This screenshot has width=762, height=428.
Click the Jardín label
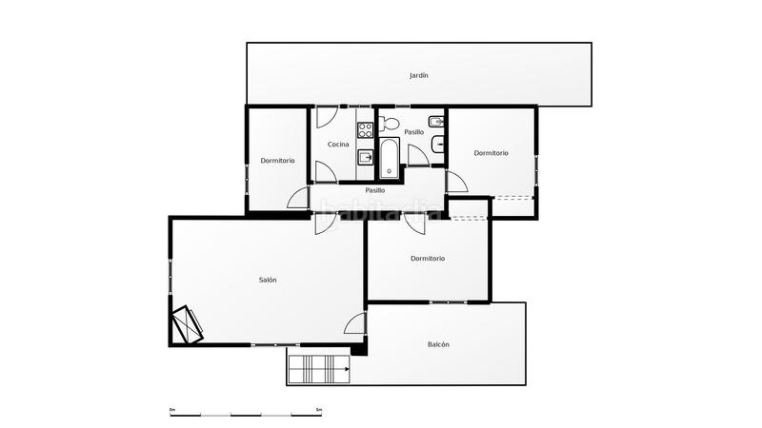(x=419, y=75)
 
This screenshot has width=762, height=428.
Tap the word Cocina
(x=338, y=145)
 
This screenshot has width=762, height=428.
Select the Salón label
(x=268, y=280)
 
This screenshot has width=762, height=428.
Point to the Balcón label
(x=438, y=344)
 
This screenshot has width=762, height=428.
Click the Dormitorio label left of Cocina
(x=277, y=161)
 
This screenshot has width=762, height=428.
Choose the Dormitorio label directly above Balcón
(x=428, y=259)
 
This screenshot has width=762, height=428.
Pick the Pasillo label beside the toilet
(x=413, y=132)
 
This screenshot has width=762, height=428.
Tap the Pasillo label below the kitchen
(x=375, y=190)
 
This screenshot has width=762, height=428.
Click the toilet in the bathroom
(x=388, y=123)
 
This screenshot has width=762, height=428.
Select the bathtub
(x=389, y=159)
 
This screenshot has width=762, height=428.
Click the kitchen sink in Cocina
(x=365, y=157)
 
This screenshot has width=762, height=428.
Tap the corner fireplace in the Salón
(x=188, y=323)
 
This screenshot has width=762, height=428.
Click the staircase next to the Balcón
(x=319, y=367)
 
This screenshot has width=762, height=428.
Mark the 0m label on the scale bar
(x=172, y=409)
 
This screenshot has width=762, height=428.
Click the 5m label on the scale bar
(x=318, y=409)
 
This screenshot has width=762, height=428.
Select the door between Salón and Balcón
(x=355, y=323)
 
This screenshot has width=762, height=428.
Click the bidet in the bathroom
(x=435, y=122)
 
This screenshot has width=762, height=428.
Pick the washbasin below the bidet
(x=437, y=145)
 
